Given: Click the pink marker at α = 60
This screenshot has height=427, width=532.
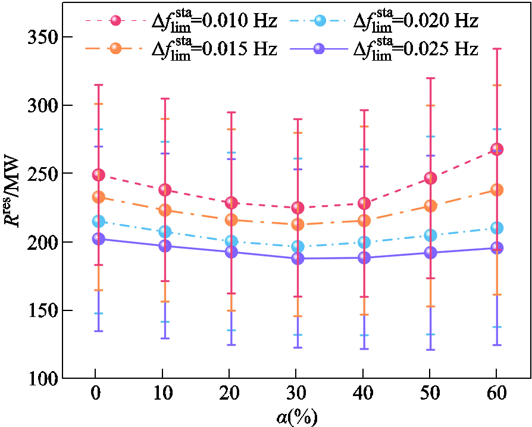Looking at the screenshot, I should point(496,149).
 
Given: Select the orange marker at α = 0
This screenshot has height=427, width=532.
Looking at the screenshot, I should point(98,197).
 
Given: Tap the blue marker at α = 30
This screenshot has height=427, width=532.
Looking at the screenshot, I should point(298,246).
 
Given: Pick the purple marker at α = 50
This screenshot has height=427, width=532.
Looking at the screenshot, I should point(430,253).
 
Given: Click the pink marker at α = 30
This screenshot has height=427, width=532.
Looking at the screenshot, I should point(298,208).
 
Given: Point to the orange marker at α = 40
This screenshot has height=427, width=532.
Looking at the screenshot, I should point(364,221).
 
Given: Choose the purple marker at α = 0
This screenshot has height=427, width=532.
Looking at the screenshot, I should point(98,239).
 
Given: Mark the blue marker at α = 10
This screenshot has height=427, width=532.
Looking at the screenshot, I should point(165,231).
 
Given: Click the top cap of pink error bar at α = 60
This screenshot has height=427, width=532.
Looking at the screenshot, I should point(496,49).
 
